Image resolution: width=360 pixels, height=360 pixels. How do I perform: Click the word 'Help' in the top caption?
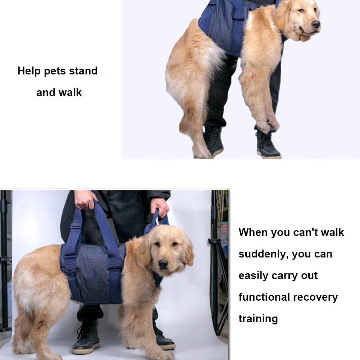29,71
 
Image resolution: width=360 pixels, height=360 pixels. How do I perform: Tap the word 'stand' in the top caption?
83,71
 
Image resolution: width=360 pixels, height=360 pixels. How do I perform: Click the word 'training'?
258,319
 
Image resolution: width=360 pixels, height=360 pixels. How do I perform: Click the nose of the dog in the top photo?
316,24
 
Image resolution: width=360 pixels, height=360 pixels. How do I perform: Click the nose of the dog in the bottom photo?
163,264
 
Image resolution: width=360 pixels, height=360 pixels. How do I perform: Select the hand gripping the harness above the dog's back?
86,200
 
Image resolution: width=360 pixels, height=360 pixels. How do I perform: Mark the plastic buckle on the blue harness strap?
75,226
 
